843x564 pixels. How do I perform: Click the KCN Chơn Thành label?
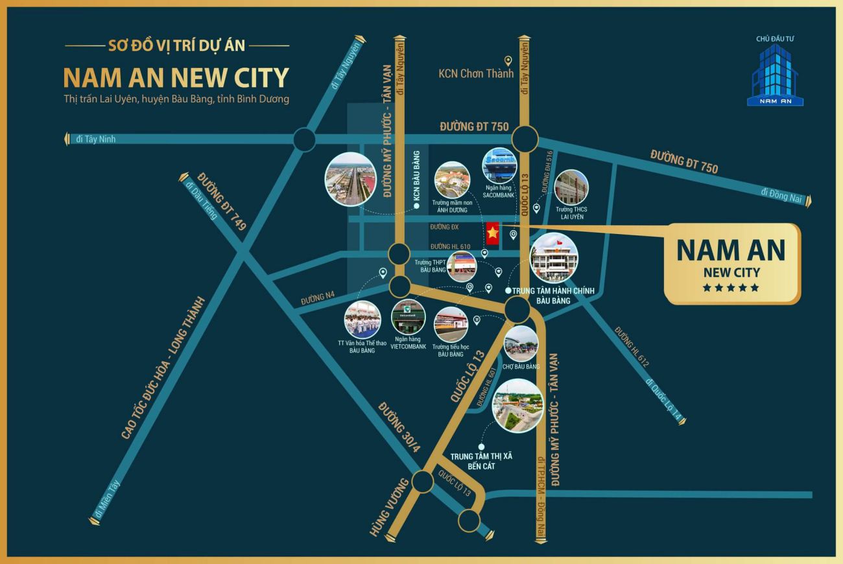click(x=475, y=73)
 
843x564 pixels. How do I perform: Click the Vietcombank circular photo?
click(x=409, y=317)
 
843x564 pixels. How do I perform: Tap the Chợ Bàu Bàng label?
click(x=521, y=367)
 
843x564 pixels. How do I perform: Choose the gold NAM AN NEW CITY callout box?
click(x=731, y=263)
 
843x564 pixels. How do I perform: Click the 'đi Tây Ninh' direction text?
click(x=95, y=139)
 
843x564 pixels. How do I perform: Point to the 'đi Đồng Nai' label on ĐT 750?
click(x=782, y=193)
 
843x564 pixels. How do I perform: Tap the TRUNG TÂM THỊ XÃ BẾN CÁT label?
click(x=481, y=461)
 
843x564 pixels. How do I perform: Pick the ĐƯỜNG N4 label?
click(x=318, y=299)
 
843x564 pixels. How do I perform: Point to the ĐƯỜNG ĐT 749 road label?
click(x=222, y=202)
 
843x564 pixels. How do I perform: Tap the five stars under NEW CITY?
click(x=731, y=288)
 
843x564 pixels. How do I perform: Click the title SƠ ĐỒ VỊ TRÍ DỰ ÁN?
click(x=177, y=46)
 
